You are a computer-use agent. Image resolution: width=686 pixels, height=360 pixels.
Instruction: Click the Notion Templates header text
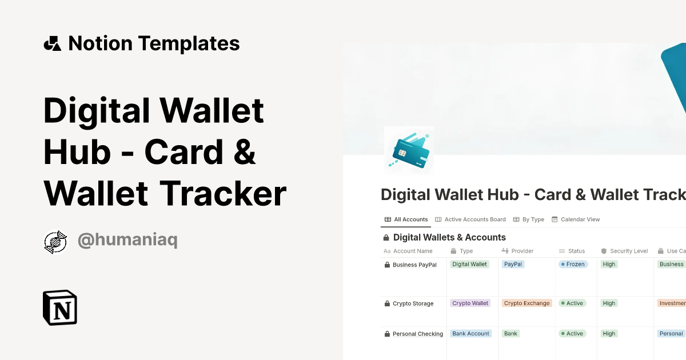[x=153, y=43]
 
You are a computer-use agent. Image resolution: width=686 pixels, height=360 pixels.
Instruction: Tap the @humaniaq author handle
[x=127, y=241]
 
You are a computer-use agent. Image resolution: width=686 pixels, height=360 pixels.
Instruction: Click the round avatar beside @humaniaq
[x=55, y=242]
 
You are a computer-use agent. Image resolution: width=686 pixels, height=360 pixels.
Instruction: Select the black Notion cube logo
[x=60, y=307]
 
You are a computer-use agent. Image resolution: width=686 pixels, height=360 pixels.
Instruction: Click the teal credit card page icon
[x=409, y=150]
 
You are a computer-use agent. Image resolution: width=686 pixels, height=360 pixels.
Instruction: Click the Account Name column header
[x=412, y=251]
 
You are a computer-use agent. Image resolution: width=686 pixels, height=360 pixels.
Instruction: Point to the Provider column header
[x=522, y=251]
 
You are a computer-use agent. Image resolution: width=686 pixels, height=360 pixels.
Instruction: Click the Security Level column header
[x=628, y=251]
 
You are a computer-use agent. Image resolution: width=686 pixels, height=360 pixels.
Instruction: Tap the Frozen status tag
[x=572, y=265]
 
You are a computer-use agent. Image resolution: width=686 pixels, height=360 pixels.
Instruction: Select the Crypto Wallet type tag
[x=470, y=303]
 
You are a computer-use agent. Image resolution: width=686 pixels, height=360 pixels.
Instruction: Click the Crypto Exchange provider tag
[x=527, y=303]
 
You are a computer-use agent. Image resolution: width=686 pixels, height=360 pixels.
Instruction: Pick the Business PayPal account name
[x=414, y=265]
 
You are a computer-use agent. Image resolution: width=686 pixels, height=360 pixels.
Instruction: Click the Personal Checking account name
[x=417, y=334]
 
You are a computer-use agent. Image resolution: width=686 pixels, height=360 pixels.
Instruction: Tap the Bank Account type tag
[x=470, y=334]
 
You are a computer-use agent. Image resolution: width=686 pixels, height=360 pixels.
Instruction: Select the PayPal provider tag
[x=513, y=265]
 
